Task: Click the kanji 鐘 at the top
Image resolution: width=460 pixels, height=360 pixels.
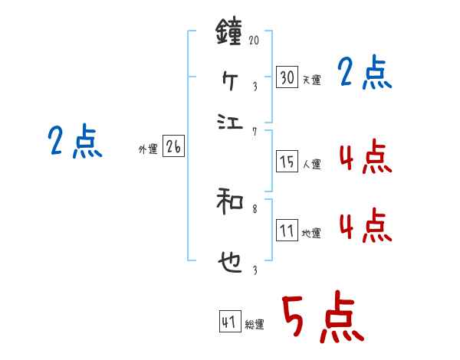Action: (229, 34)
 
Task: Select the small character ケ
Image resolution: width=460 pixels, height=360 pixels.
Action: (230, 78)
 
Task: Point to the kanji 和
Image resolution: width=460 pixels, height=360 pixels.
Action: (230, 203)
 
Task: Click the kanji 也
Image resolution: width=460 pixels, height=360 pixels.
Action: (230, 264)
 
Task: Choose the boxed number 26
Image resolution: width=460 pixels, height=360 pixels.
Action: (173, 148)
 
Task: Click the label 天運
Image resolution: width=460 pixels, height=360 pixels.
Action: (311, 80)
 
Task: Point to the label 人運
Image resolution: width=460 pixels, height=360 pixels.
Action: (311, 164)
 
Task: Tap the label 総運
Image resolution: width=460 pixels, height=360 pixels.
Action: (255, 325)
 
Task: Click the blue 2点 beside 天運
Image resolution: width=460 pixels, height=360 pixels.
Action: (365, 74)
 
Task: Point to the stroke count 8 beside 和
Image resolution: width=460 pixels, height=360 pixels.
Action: (255, 207)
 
